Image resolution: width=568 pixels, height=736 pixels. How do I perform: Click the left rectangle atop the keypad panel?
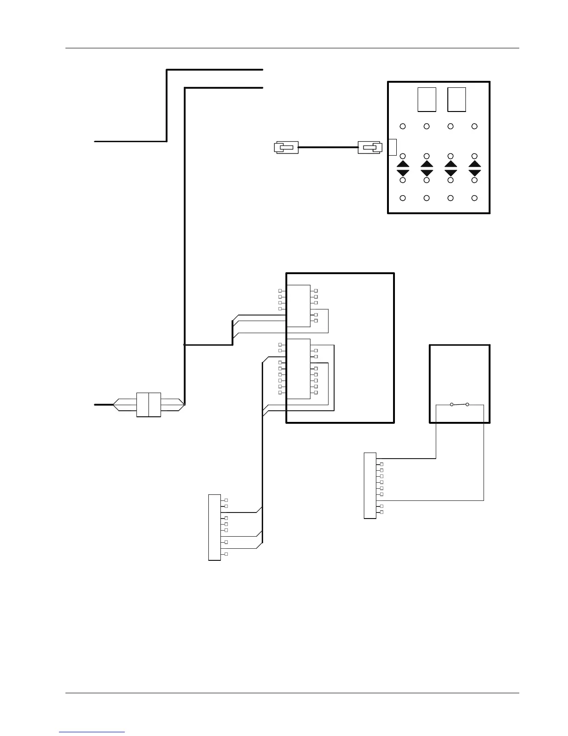[x=426, y=99]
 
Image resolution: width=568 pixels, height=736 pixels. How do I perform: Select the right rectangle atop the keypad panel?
[x=457, y=99]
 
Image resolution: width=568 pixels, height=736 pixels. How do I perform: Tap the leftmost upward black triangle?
[x=403, y=164]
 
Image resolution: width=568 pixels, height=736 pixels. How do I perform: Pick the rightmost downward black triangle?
[x=474, y=173]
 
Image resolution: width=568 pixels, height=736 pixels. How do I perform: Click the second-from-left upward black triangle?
[x=427, y=164]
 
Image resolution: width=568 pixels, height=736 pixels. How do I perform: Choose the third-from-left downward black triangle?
[x=451, y=173]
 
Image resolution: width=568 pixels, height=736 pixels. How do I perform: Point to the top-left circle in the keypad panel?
[x=403, y=126]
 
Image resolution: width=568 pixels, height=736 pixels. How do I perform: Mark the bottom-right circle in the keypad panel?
[x=474, y=198]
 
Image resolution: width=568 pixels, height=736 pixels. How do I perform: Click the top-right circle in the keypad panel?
[x=474, y=126]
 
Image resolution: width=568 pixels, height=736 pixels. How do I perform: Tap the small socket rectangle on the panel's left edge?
[x=392, y=147]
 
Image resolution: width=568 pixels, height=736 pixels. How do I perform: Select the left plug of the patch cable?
[x=286, y=148]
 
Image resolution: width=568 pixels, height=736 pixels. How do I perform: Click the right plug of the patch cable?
[x=370, y=148]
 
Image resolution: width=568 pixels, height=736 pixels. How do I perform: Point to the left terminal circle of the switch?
[x=452, y=405]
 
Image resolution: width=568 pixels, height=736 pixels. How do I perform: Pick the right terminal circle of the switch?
[x=467, y=405]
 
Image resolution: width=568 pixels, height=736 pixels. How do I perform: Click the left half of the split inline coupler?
[x=142, y=405]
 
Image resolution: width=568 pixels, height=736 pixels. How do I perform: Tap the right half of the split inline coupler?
[x=155, y=405]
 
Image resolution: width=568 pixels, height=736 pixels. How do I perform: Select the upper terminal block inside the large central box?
[x=298, y=306]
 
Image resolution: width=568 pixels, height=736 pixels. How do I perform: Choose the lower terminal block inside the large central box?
[x=298, y=369]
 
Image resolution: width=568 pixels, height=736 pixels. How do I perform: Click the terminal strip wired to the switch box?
[x=370, y=485]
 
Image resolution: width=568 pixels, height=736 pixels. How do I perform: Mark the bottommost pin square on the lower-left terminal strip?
[x=226, y=554]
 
